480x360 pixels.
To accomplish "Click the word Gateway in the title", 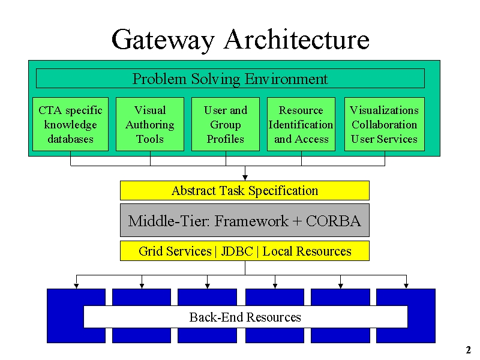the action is coord(163,40).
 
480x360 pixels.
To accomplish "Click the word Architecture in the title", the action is coord(297,39).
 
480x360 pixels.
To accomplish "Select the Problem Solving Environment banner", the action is coord(230,79).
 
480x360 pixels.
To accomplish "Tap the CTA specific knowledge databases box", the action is coord(70,124).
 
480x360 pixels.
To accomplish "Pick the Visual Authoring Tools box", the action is coord(150,124).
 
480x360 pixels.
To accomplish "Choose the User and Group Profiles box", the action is coord(226,124).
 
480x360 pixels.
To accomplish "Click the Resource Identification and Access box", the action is coord(301,124).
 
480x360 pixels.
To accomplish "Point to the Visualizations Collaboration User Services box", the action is coord(385,124).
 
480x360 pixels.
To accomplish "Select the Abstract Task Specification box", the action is coord(245,190).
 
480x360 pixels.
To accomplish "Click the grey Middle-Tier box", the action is coord(245,220).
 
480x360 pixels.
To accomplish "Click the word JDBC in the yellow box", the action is coord(237,251).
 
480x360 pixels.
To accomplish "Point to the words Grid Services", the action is coord(175,251).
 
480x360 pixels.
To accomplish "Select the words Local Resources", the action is coord(307,251).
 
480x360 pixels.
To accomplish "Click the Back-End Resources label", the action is coord(245,317).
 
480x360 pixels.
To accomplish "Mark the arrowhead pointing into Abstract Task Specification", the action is coord(245,178).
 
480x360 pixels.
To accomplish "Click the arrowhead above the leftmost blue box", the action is coord(77,286).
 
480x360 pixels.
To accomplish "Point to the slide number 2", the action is coord(469,350).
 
